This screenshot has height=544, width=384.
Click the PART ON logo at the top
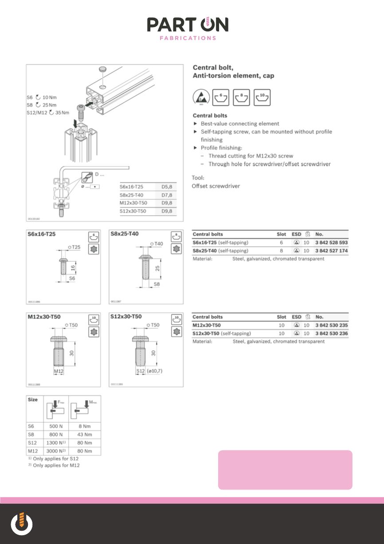point(188,25)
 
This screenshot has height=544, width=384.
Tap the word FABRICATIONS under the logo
point(188,38)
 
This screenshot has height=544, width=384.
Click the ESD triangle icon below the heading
point(200,98)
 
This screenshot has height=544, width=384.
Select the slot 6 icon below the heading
point(221,97)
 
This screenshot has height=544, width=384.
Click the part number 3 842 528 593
point(332,242)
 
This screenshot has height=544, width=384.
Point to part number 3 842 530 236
point(332,333)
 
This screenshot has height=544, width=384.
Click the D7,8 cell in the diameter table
point(168,195)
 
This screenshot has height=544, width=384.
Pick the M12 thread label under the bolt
point(59,370)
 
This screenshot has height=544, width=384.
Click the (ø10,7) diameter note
point(155,370)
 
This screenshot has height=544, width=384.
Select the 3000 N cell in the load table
point(56,451)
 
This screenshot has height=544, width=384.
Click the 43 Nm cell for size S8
point(85,434)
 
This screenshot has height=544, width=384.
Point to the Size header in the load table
point(33,399)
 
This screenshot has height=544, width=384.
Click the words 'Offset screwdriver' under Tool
point(216,186)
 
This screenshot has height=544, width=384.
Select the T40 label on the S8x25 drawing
point(158,244)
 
